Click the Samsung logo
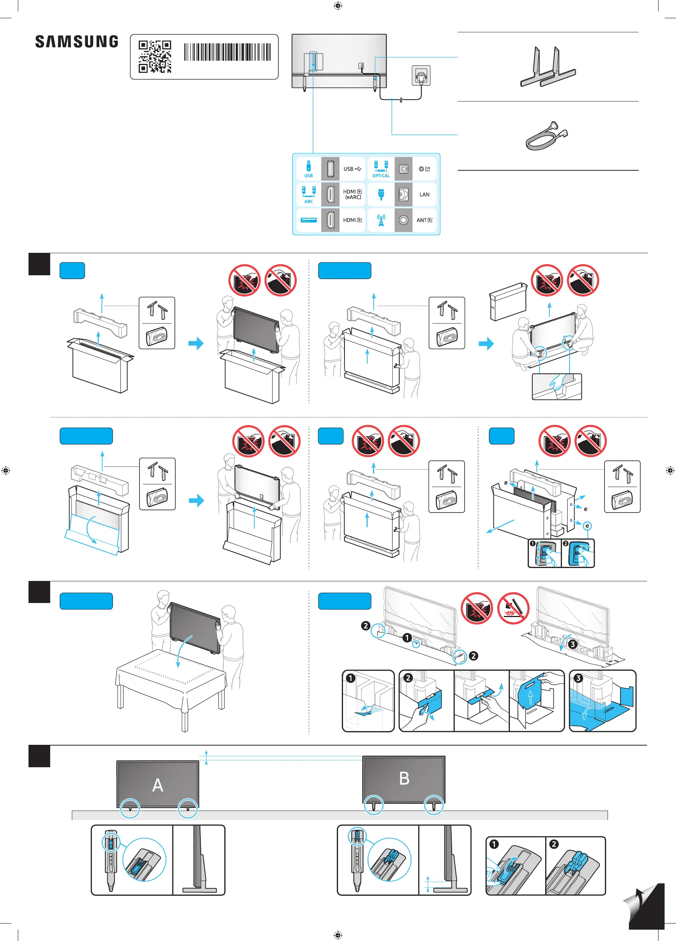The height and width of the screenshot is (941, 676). [77, 41]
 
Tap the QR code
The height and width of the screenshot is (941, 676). [155, 56]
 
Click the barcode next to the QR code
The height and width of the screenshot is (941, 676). [227, 52]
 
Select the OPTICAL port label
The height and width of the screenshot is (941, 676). [381, 176]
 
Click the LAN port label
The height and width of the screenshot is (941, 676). [424, 195]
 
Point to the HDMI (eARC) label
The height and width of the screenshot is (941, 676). [353, 195]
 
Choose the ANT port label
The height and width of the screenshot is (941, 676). [424, 220]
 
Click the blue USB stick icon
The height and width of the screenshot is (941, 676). [308, 166]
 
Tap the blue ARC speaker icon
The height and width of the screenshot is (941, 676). [309, 192]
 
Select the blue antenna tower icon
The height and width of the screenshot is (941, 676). [381, 220]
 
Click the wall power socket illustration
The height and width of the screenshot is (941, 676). [421, 76]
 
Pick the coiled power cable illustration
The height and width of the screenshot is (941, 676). [546, 136]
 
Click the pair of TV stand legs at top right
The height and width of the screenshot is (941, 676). [548, 67]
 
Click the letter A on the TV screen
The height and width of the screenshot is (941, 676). [158, 785]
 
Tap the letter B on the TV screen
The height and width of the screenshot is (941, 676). [404, 778]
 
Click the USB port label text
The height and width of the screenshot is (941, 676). [352, 169]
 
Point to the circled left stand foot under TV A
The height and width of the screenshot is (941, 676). [130, 809]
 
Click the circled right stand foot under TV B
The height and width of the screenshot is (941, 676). [434, 805]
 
